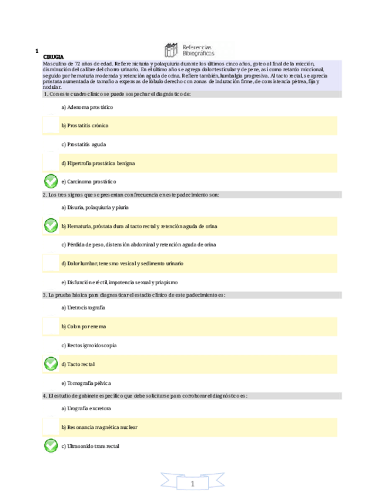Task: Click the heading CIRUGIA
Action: pos(53,56)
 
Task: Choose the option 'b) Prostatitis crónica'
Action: pos(85,125)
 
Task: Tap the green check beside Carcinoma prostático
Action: pos(51,181)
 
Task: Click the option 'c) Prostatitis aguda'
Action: pos(83,144)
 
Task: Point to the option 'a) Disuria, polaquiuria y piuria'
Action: pos(95,207)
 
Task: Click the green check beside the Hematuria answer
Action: pos(51,225)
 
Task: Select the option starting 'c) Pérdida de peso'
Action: pos(138,244)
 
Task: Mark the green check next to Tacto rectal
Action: pos(51,364)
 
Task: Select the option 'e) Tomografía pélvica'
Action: pos(86,382)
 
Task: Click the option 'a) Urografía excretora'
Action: pos(86,408)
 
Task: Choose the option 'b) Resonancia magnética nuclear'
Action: pos(99,427)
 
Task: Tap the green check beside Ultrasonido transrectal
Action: pos(51,446)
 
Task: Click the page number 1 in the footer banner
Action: pos(192,484)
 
